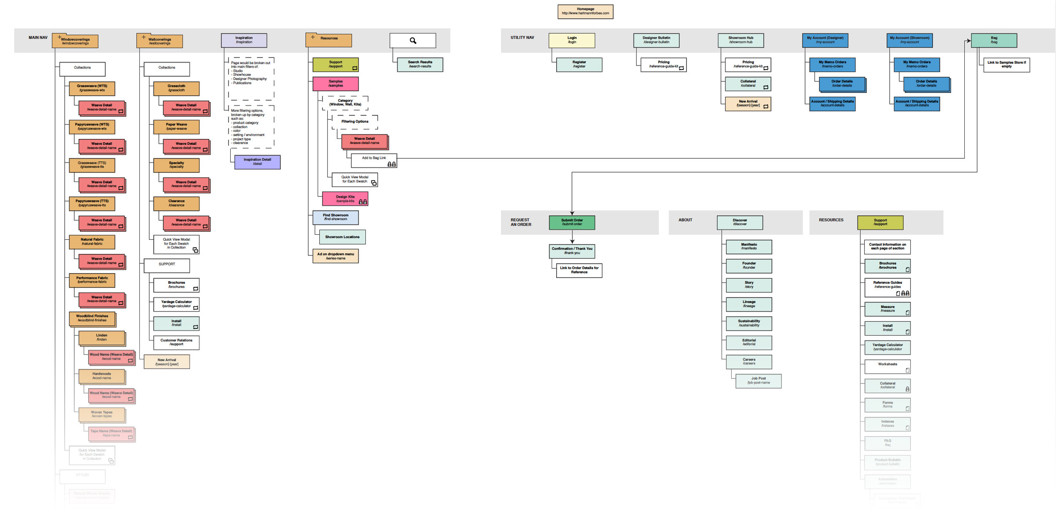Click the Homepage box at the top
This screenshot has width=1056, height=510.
click(585, 11)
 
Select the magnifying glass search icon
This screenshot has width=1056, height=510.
click(413, 41)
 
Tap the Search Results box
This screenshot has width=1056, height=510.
click(420, 64)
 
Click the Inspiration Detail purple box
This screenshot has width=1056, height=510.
click(257, 162)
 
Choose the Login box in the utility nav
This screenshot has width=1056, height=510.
click(572, 40)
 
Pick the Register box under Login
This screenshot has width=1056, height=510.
click(579, 64)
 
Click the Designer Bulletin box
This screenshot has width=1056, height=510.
click(656, 40)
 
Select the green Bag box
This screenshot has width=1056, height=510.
click(993, 40)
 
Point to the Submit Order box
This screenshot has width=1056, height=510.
click(572, 222)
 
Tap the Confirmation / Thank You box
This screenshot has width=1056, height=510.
click(572, 251)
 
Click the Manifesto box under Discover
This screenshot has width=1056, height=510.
click(748, 247)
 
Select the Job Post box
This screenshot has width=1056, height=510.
click(758, 380)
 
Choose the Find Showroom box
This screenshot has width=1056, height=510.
click(335, 217)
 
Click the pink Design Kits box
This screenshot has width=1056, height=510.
click(345, 198)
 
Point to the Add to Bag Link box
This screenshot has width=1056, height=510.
click(374, 160)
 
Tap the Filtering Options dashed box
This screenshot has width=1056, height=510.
click(355, 122)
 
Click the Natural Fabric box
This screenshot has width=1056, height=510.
click(92, 241)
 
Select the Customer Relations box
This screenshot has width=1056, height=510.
click(176, 342)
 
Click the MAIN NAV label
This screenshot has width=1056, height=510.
click(38, 38)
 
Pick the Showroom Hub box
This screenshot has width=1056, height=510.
click(740, 40)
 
